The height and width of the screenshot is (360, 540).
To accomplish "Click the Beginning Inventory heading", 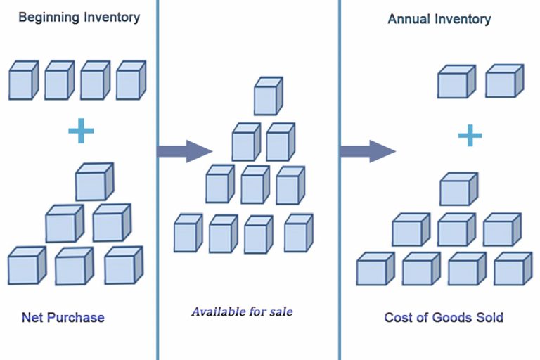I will coord(79,17).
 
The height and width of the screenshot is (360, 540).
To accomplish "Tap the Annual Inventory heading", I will coord(439,19).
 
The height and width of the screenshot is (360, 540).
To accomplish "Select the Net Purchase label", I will coord(63,317).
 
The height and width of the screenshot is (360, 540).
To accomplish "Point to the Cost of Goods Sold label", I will coord(443,317).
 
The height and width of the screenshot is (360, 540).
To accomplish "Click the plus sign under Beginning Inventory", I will coord(81,131).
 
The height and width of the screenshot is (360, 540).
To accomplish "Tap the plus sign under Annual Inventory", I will coord(470,135).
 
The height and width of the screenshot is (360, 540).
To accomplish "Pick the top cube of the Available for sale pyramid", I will coord(267,96).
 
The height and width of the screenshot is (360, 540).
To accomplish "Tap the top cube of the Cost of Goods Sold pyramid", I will coord(458,190).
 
